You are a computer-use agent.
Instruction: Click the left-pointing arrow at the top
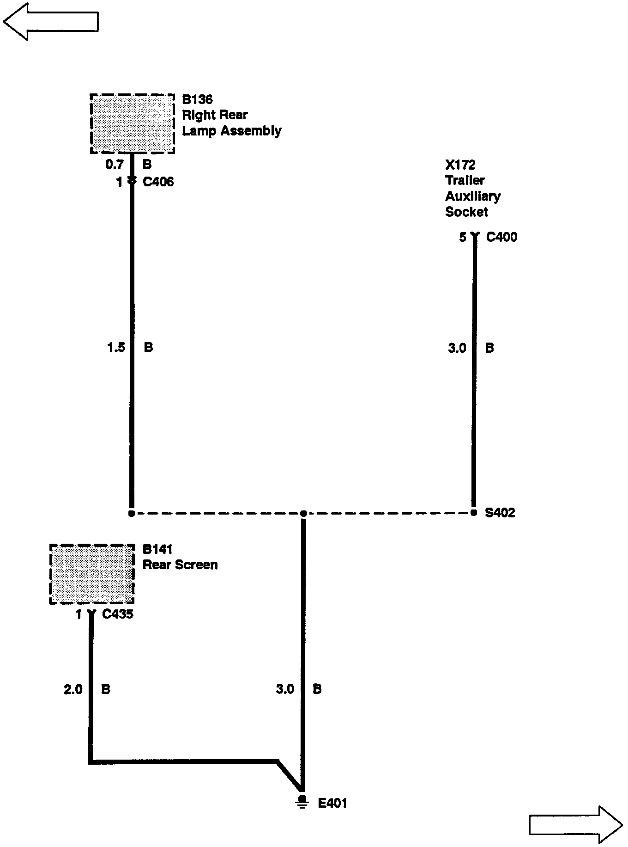tap(51, 21)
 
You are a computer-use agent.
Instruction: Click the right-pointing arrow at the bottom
tap(575, 824)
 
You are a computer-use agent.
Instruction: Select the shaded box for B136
tap(132, 123)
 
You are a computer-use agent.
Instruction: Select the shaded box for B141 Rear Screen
tap(92, 574)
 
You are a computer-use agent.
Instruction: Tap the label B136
tap(197, 99)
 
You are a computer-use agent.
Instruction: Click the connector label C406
tap(158, 182)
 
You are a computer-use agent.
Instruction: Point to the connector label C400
tap(502, 237)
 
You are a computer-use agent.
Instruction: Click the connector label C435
tap(118, 614)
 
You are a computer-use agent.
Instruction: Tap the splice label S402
tap(500, 513)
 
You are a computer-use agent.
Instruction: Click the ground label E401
tap(332, 803)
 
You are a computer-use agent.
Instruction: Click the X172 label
tap(460, 165)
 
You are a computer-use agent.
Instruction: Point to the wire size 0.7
tap(114, 165)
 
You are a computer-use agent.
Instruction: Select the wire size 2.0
tap(73, 689)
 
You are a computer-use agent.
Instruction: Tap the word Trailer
tap(465, 180)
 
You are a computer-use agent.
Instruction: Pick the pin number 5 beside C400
tap(463, 237)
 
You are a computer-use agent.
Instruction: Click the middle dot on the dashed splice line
tap(303, 513)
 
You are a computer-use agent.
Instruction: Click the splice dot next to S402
tap(474, 513)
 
